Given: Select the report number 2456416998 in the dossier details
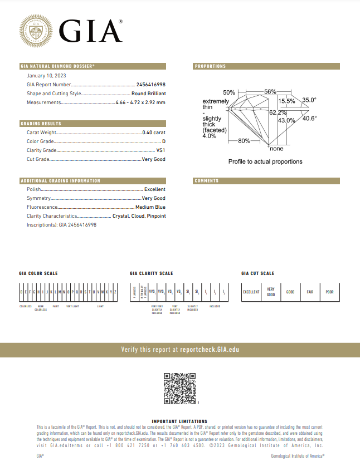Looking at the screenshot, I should [x=151, y=84].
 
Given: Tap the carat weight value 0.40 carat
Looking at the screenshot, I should [x=154, y=133].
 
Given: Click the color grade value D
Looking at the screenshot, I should [x=164, y=141].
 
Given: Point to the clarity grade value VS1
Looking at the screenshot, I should [x=161, y=150].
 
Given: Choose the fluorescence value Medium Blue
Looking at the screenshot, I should [x=150, y=207].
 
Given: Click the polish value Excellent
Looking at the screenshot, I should [x=154, y=189].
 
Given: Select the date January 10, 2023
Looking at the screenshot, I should [x=46, y=76].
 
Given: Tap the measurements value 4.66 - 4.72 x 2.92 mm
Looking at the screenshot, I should [x=140, y=102].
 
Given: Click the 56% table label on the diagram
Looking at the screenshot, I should [x=270, y=91].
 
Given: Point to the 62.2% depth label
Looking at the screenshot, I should [x=278, y=113].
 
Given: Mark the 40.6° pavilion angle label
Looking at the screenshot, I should [x=310, y=118].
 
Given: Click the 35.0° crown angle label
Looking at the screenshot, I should [x=309, y=100].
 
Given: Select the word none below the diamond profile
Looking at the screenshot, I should [x=276, y=149].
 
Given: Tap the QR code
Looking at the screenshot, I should [x=179, y=388].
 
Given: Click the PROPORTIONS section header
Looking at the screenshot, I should [x=210, y=66].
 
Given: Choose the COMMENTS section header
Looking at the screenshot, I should [x=207, y=181].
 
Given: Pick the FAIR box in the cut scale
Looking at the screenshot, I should [x=310, y=292].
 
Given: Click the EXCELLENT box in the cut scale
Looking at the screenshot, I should [x=251, y=292].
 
